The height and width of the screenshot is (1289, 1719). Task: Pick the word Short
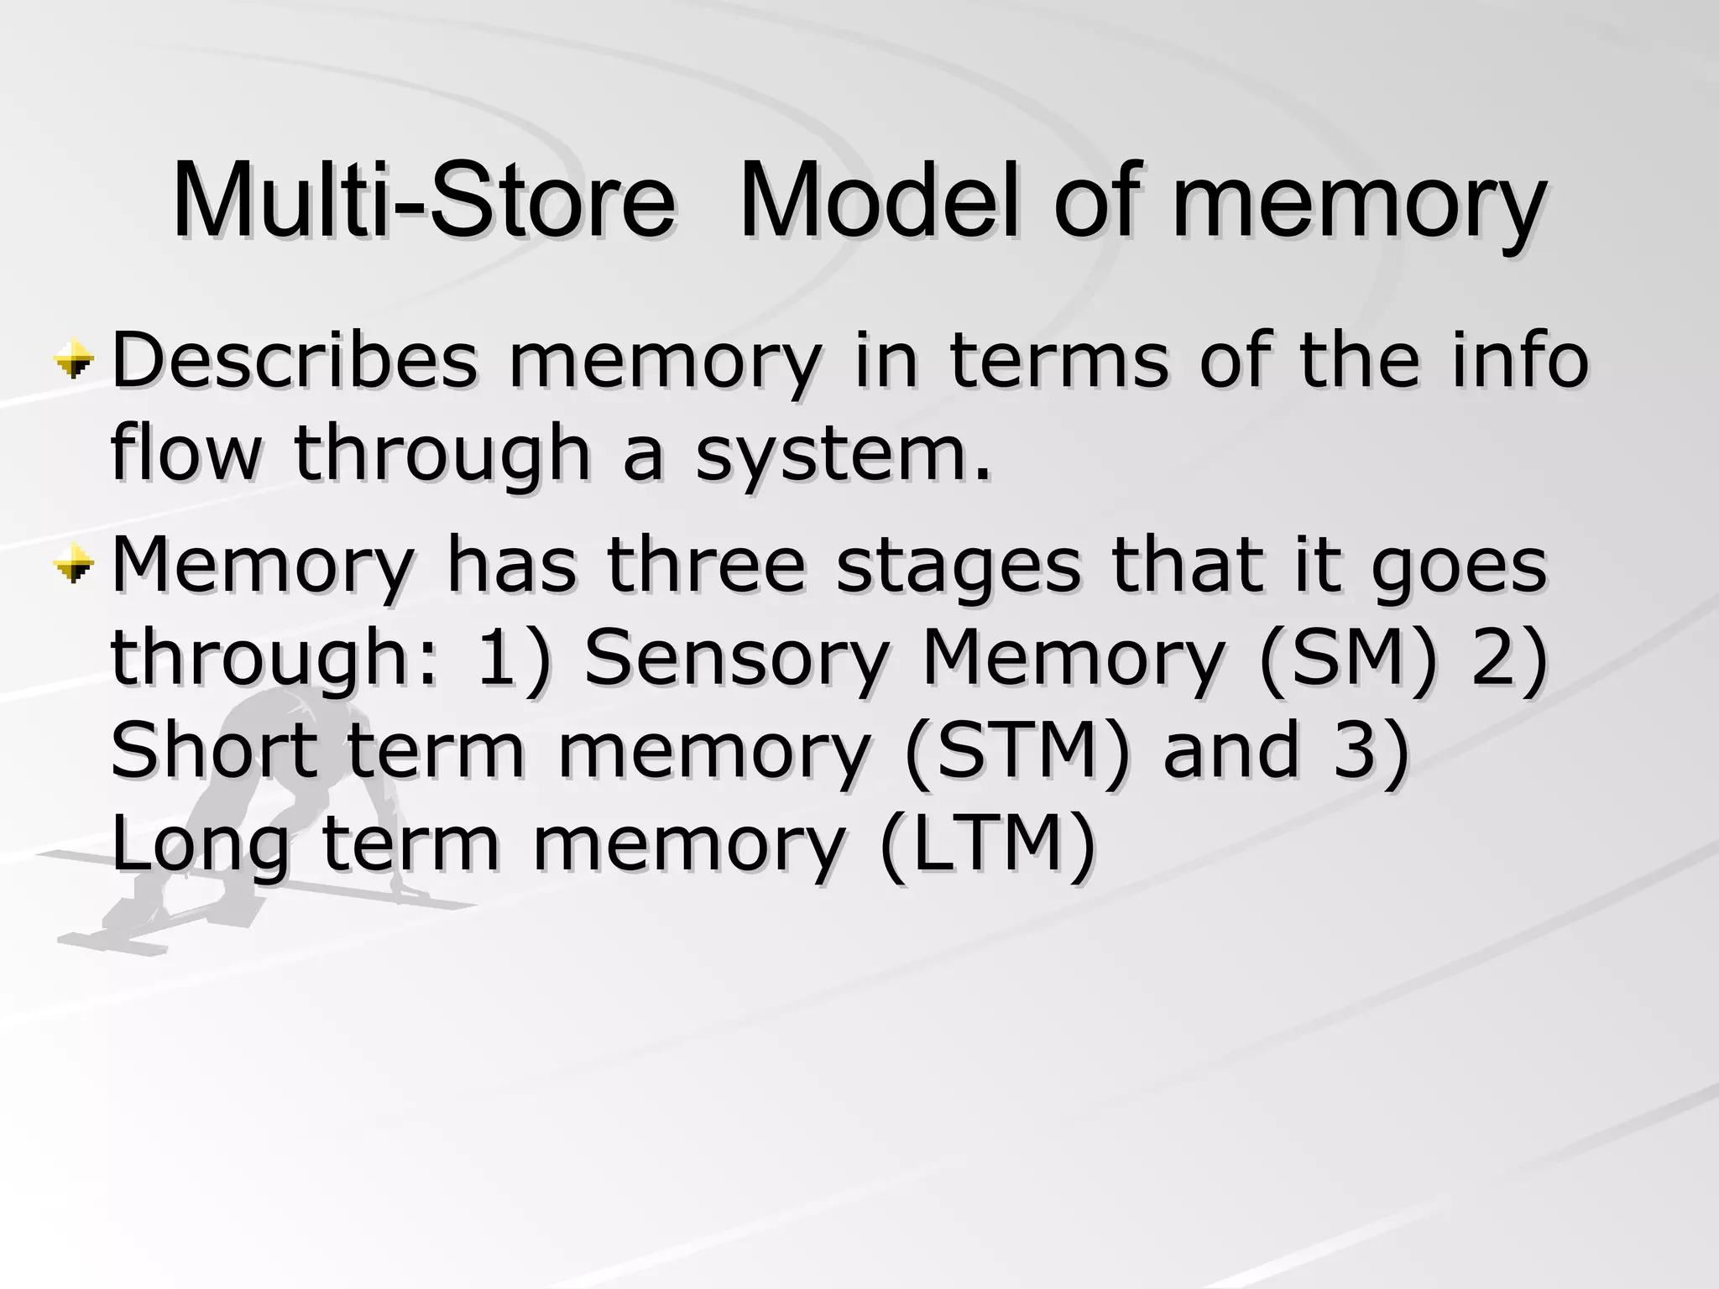(x=214, y=749)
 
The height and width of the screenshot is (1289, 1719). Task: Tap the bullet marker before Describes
(x=74, y=362)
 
